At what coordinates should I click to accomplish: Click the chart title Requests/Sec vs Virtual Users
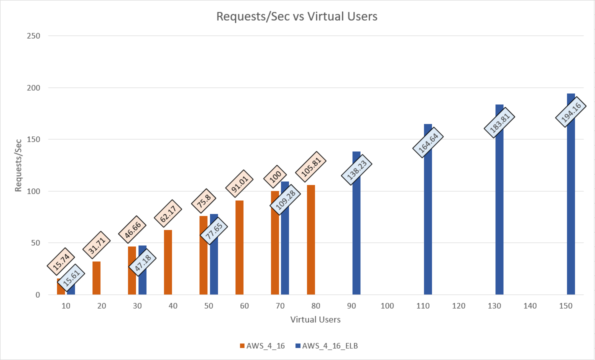(x=296, y=16)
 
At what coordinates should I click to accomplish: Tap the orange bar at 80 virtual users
(x=311, y=240)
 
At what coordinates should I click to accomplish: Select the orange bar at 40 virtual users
(x=168, y=262)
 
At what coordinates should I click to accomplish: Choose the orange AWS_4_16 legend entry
(x=263, y=345)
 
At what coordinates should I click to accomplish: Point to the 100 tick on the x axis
(x=387, y=305)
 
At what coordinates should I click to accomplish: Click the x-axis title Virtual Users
(x=315, y=319)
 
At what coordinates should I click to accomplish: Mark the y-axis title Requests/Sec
(x=18, y=165)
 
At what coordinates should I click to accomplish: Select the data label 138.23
(x=356, y=170)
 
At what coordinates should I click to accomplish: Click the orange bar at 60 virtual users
(x=239, y=247)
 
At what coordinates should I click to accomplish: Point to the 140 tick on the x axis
(x=530, y=305)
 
